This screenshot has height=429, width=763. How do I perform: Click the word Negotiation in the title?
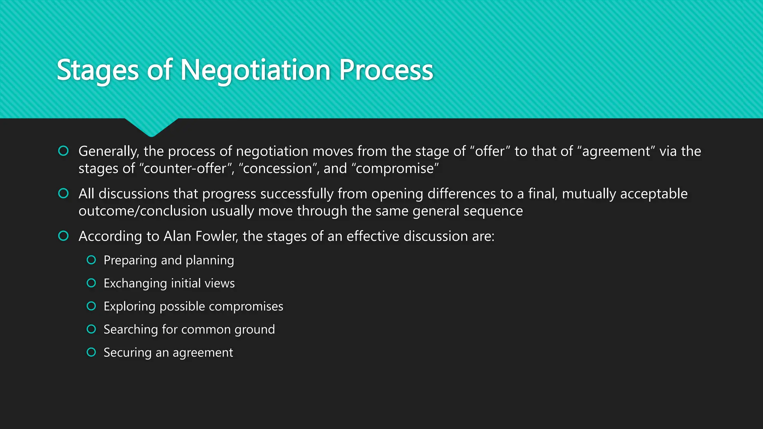[x=255, y=70]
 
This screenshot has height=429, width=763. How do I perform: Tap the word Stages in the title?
[x=98, y=70]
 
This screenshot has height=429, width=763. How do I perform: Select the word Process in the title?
[x=386, y=70]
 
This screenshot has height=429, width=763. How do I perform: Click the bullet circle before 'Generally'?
[x=63, y=151]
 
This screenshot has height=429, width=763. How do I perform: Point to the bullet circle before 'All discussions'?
[x=63, y=193]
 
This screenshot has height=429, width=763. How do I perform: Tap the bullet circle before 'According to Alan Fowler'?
[x=63, y=236]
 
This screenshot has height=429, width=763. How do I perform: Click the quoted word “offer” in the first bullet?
[x=490, y=151]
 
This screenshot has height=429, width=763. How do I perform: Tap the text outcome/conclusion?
[x=142, y=211]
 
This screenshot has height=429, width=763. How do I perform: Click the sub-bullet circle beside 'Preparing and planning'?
[x=91, y=260]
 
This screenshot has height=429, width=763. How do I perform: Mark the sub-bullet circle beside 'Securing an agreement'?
[x=91, y=352]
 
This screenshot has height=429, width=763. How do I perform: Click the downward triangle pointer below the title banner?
[x=151, y=127]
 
